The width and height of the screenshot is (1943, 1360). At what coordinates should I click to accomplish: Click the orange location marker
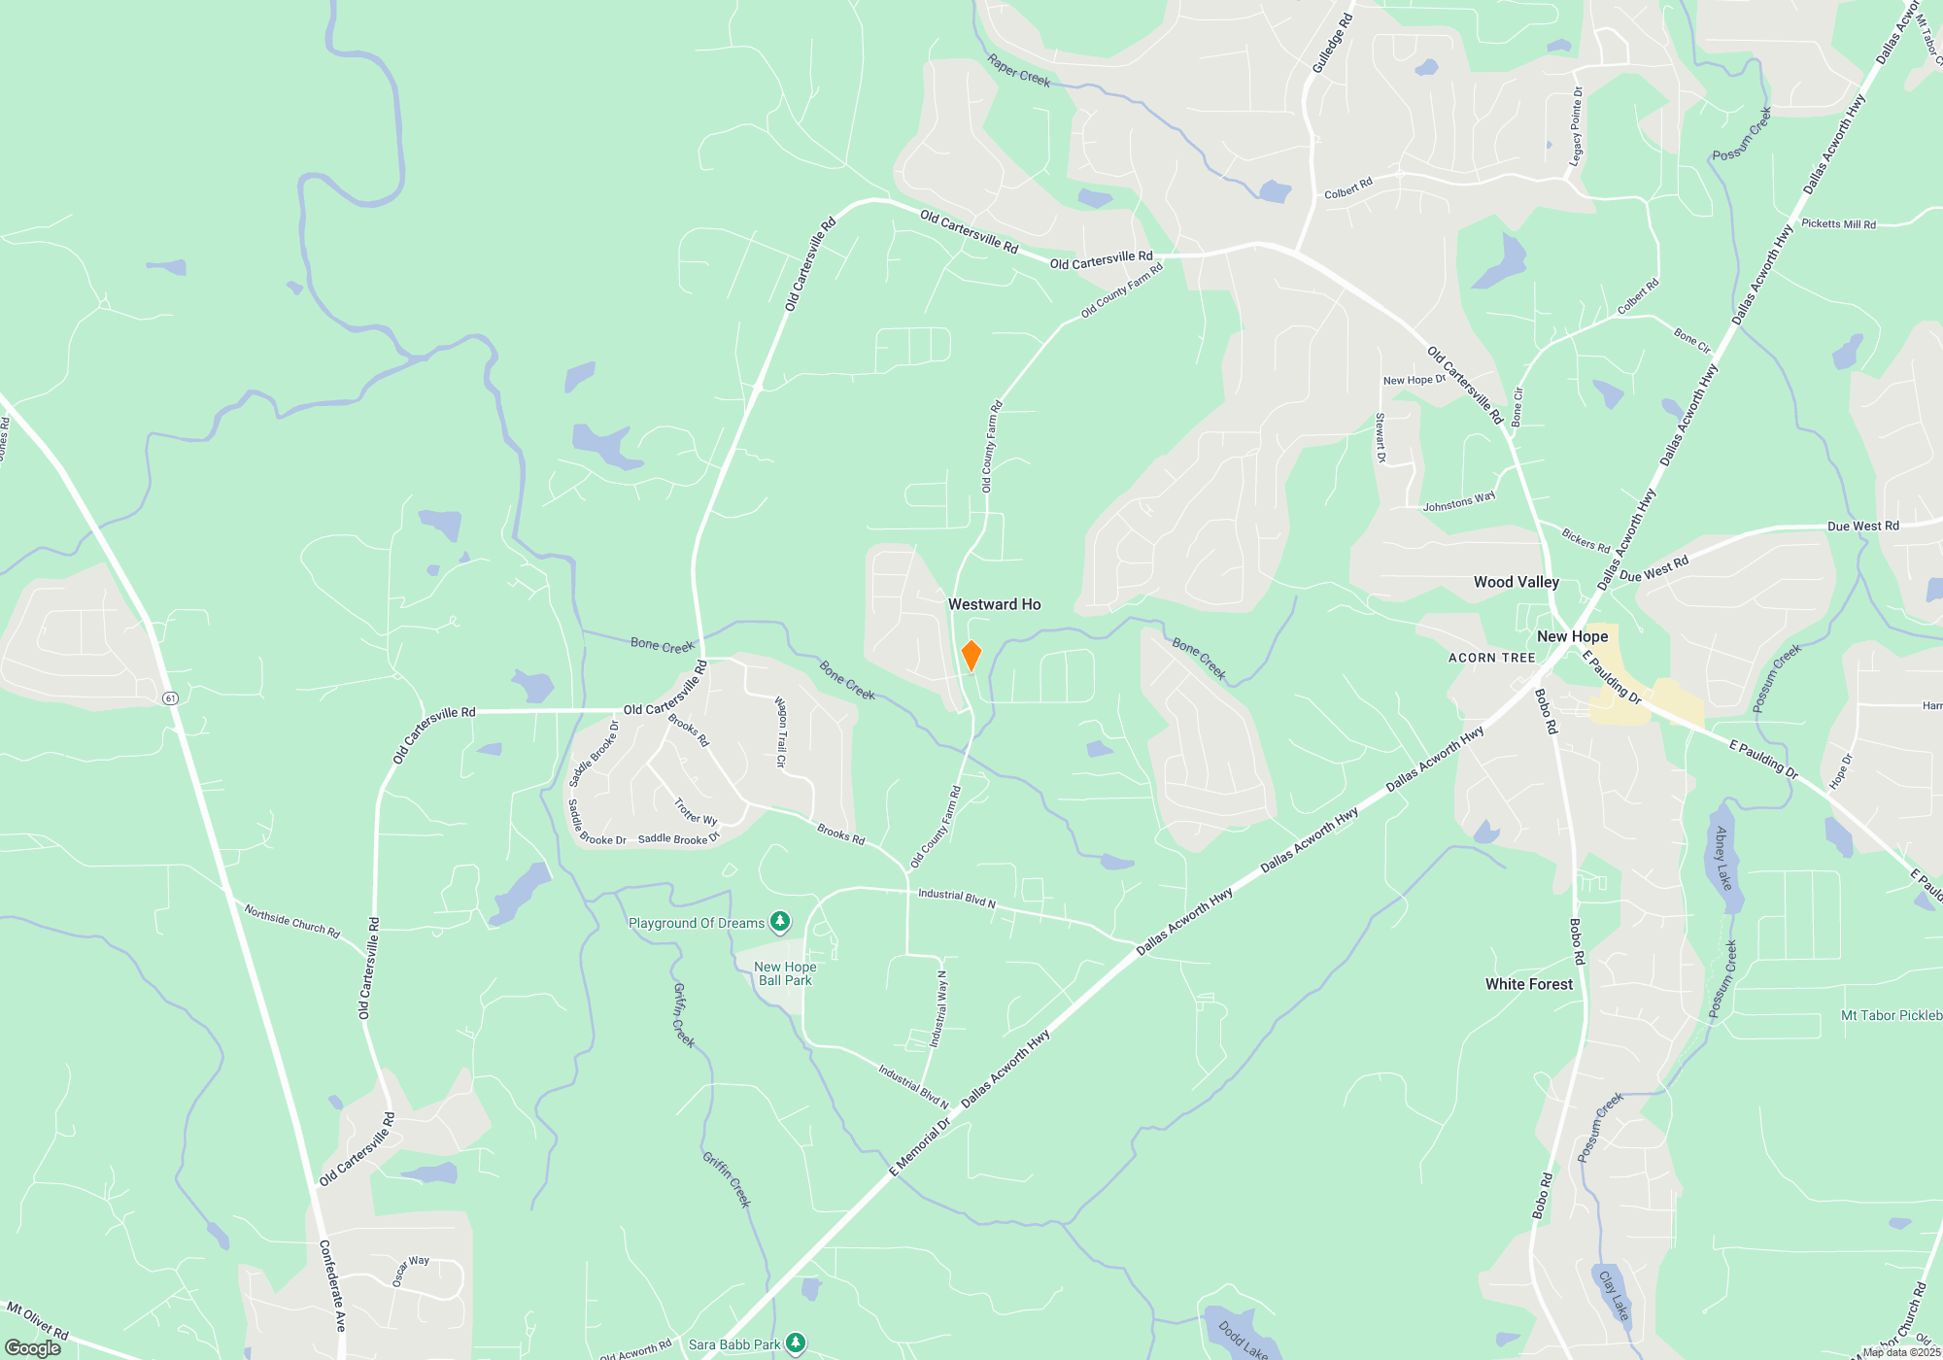pyautogui.click(x=971, y=656)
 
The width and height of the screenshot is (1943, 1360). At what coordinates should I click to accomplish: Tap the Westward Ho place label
pyautogui.click(x=994, y=604)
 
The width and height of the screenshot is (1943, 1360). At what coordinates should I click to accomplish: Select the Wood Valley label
pyautogui.click(x=1516, y=582)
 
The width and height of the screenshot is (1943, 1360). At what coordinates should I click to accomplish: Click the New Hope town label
pyautogui.click(x=1572, y=636)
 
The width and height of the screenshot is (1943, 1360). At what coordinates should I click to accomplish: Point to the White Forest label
pyautogui.click(x=1528, y=984)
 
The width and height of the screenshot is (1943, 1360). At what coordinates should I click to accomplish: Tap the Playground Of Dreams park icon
pyautogui.click(x=779, y=921)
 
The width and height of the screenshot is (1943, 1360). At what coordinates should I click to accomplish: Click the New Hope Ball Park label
pyautogui.click(x=785, y=973)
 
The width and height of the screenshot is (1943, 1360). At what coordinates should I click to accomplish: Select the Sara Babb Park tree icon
pyautogui.click(x=796, y=1343)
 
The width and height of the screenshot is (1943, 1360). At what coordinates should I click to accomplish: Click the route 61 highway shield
pyautogui.click(x=171, y=697)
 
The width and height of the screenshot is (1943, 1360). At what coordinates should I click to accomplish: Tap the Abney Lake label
pyautogui.click(x=1722, y=858)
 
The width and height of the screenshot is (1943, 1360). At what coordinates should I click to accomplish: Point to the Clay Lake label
pyautogui.click(x=1613, y=1295)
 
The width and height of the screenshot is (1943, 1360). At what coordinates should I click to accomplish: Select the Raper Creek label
pyautogui.click(x=1018, y=70)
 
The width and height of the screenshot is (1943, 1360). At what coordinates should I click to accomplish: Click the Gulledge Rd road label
pyautogui.click(x=1332, y=43)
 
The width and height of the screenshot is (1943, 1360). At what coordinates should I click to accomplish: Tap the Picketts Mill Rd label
pyautogui.click(x=1838, y=223)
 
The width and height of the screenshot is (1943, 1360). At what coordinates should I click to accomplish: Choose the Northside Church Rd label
pyautogui.click(x=291, y=921)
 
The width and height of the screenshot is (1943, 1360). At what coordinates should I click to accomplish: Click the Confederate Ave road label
pyautogui.click(x=332, y=1285)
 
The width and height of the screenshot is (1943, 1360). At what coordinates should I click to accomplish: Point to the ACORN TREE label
pyautogui.click(x=1491, y=658)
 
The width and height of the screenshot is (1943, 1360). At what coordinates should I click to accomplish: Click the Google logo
pyautogui.click(x=33, y=1347)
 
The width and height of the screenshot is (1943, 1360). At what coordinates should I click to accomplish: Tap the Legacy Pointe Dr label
pyautogui.click(x=1576, y=126)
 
